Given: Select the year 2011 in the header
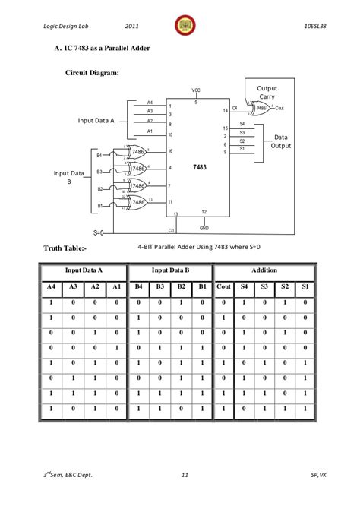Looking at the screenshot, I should coord(132,26).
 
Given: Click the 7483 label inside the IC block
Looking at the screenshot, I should coord(199,166).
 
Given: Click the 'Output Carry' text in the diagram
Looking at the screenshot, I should coord(267,93).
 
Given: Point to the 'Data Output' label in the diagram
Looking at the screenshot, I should coord(281,141).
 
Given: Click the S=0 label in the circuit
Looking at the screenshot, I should coord(103,231).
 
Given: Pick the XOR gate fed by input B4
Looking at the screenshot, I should coord(137,152).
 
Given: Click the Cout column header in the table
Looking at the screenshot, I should coord(223,286).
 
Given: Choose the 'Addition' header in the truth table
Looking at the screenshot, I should coord(264,270).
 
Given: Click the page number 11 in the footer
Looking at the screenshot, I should coord(184,476).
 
